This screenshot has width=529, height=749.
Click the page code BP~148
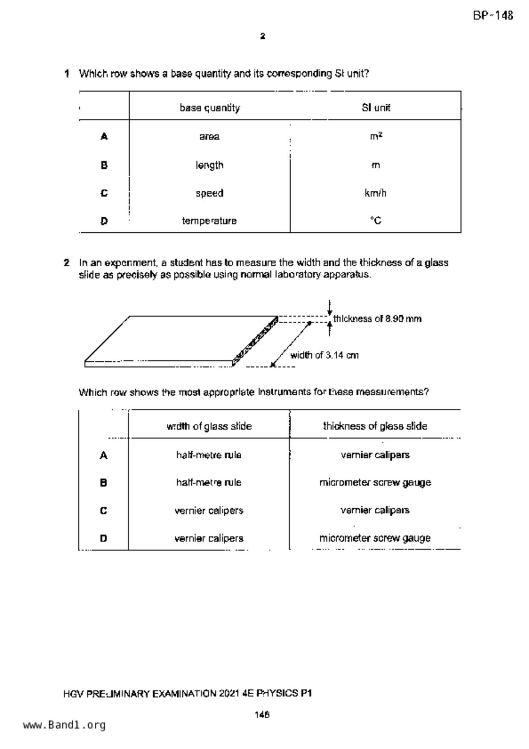[x=493, y=16]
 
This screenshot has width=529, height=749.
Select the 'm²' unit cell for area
[x=376, y=136]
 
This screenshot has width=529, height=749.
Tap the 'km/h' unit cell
[x=375, y=193]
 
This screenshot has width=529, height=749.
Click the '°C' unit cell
[x=376, y=221]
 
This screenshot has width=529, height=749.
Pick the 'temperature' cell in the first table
[x=209, y=221]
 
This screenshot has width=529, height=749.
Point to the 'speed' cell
[x=209, y=193]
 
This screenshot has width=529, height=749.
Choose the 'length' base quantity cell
[x=209, y=165]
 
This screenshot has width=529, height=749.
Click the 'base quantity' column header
[x=210, y=108]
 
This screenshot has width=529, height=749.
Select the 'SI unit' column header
[x=376, y=108]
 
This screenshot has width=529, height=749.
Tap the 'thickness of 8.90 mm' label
[x=377, y=319]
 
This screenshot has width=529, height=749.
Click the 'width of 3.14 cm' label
[x=324, y=355]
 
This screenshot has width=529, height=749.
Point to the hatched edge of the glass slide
[x=255, y=341]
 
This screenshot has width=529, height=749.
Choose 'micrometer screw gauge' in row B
[x=375, y=483]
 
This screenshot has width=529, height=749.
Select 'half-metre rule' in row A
[x=209, y=455]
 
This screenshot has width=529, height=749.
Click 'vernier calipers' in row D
[x=209, y=538]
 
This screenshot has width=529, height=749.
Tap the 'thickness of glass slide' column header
[x=375, y=426]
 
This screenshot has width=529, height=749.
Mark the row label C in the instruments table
[x=103, y=511]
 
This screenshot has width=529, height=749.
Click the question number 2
[x=67, y=263]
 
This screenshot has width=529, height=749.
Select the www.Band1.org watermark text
[x=64, y=725]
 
